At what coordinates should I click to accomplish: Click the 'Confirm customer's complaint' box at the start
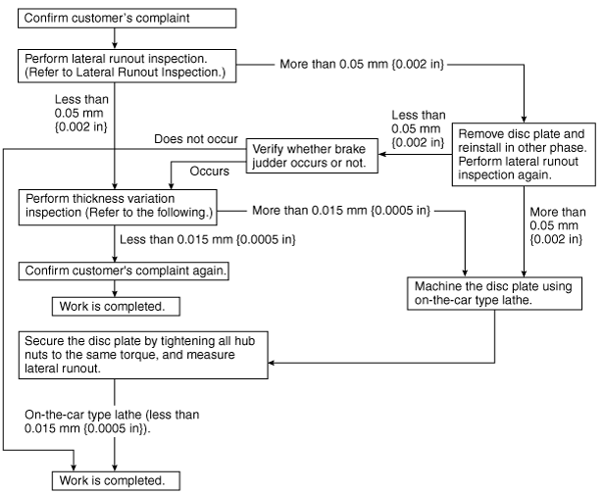click(126, 19)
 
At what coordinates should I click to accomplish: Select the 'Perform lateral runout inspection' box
click(126, 66)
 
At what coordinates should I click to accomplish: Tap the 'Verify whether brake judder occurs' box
click(312, 156)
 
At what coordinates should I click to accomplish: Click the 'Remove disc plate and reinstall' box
click(524, 155)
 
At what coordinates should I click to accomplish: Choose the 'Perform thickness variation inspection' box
click(118, 207)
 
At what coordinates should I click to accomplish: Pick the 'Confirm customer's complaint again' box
click(124, 271)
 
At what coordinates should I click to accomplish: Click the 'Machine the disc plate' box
click(494, 293)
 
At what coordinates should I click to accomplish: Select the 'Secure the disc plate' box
click(143, 355)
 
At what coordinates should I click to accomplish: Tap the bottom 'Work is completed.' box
click(116, 481)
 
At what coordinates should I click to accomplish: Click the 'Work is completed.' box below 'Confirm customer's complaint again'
click(116, 307)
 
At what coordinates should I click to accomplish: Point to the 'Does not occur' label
click(196, 139)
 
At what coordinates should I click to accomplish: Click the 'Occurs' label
click(209, 171)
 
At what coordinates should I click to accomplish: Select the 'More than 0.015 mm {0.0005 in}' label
click(341, 211)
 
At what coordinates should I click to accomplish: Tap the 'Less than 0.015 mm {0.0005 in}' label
click(208, 239)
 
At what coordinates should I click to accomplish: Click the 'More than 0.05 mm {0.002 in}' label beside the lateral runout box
click(362, 64)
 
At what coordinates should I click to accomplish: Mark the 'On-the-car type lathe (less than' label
click(112, 415)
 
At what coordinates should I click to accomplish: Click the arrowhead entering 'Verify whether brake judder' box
click(381, 155)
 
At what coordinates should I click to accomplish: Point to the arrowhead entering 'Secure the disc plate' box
click(272, 363)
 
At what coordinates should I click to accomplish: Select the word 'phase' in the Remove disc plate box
click(570, 148)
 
